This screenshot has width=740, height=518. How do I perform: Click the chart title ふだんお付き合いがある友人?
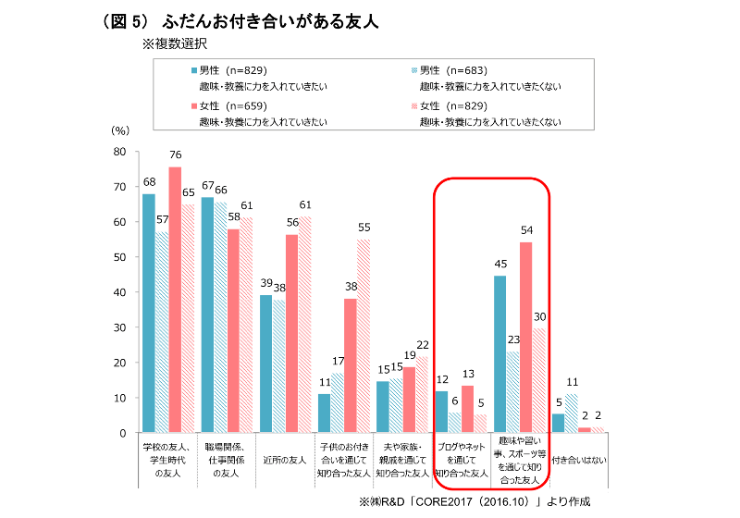268,19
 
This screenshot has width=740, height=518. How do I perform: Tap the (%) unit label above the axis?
120,132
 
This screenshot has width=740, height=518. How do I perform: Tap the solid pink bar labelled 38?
350,365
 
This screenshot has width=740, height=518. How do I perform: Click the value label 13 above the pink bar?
467,373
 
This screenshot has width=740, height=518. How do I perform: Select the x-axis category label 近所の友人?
285,457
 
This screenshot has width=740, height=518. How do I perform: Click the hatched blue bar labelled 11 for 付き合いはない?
571,413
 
